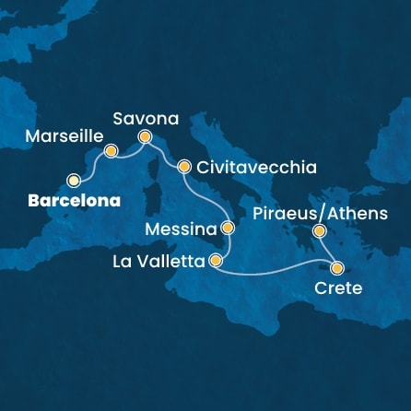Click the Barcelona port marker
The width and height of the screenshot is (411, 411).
[x=75, y=180]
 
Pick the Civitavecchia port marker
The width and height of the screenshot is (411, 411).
[x=183, y=168]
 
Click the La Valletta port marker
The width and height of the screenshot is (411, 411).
[x=216, y=261]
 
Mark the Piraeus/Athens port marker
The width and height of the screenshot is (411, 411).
[x=320, y=231]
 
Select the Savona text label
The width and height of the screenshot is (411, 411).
[x=145, y=118]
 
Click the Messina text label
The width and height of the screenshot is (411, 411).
[x=182, y=227]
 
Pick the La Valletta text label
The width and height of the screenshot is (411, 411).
[x=159, y=262]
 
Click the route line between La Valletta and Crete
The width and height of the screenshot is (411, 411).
[x=276, y=268]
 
